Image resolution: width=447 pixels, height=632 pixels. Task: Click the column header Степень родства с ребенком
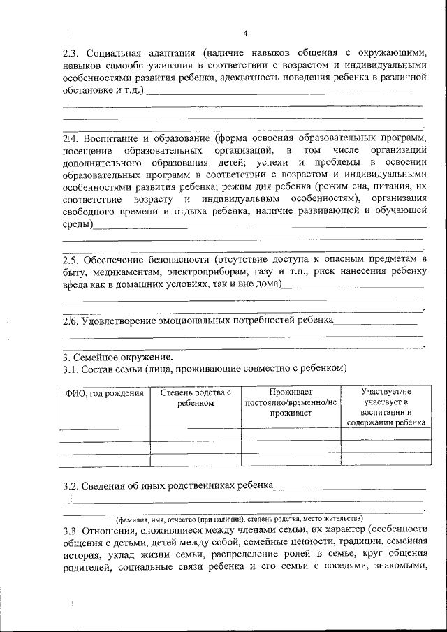pyautogui.click(x=196, y=398)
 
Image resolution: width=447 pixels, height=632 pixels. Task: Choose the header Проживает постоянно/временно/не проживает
pyautogui.click(x=291, y=403)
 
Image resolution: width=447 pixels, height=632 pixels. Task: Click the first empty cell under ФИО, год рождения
pyautogui.click(x=104, y=435)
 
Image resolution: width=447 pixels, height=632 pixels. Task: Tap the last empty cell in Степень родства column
pyautogui.click(x=196, y=460)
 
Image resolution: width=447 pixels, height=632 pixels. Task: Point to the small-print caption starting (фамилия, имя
pyautogui.click(x=239, y=520)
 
